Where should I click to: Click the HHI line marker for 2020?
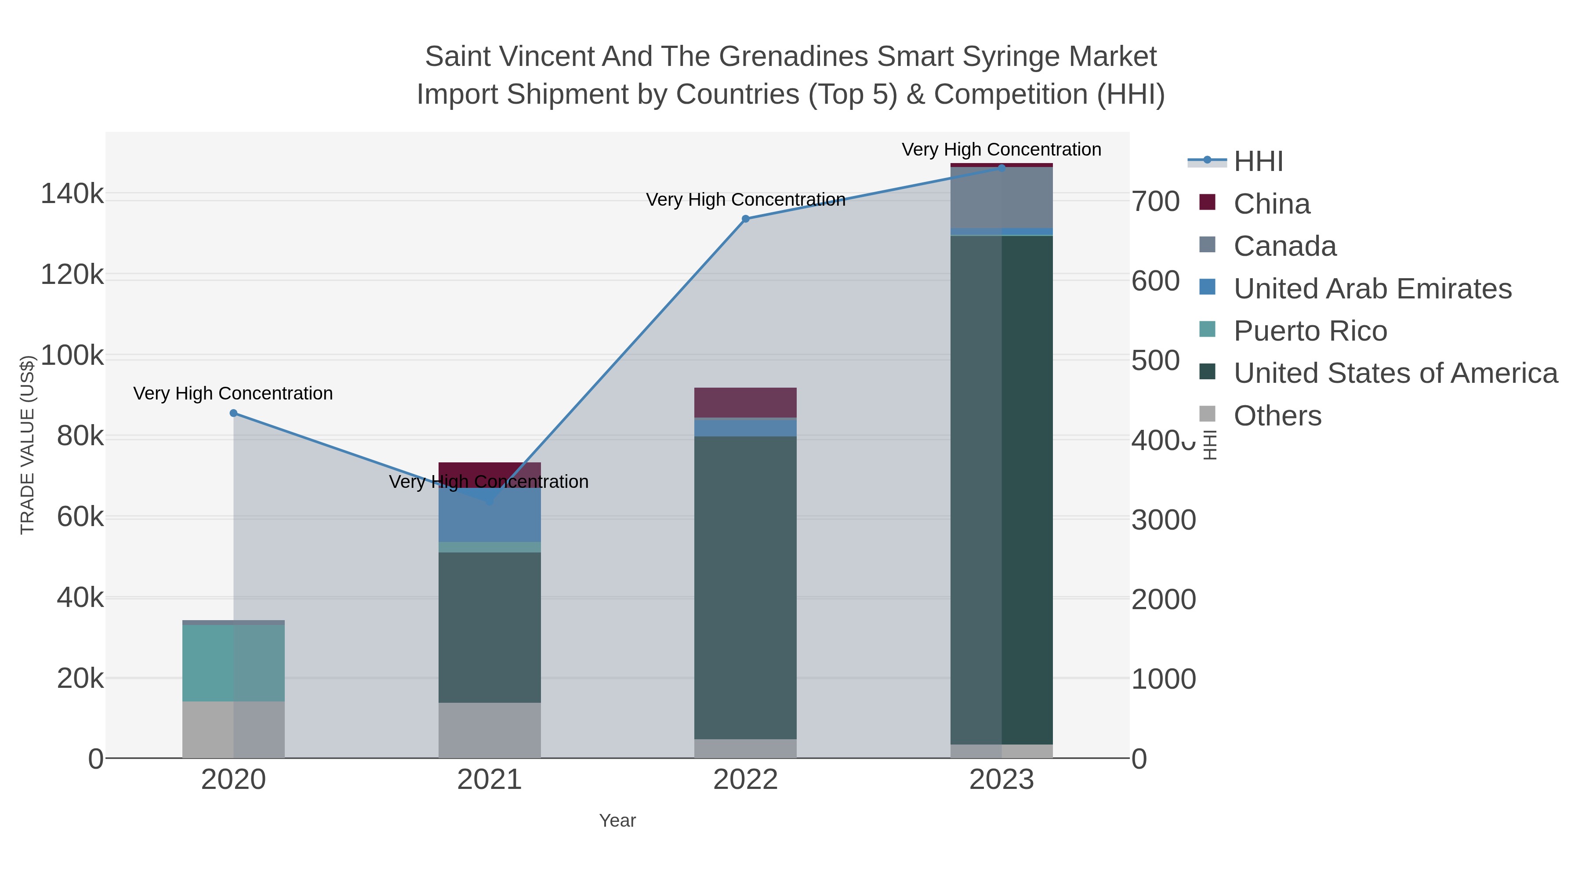(x=233, y=414)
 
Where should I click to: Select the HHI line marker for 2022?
(x=746, y=219)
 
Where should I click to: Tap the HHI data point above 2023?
(x=1001, y=168)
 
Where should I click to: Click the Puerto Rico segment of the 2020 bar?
(x=233, y=663)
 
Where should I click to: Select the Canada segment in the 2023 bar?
(x=1001, y=198)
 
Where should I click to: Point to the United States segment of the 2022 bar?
(x=746, y=587)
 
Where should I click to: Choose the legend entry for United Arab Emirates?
(x=1372, y=289)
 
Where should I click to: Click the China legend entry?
(x=1271, y=204)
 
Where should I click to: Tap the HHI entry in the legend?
(x=1258, y=162)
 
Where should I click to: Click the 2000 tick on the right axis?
(x=1163, y=599)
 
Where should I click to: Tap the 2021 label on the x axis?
(x=490, y=780)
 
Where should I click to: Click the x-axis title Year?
(x=617, y=821)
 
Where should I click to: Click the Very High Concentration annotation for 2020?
(x=233, y=393)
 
